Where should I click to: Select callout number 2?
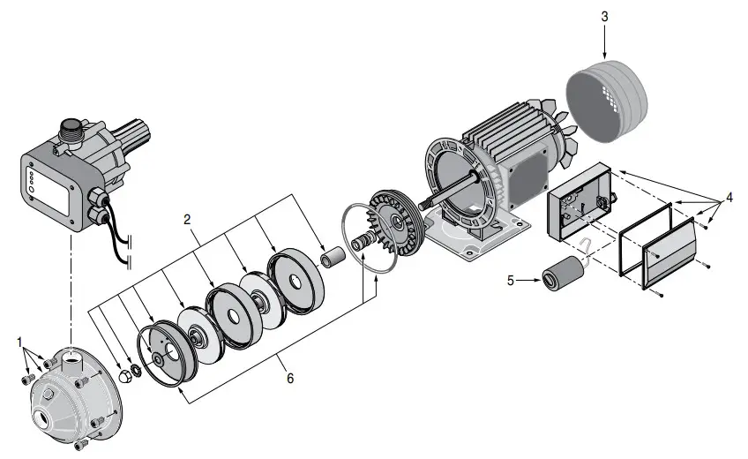tap(186, 217)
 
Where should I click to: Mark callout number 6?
tap(289, 378)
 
